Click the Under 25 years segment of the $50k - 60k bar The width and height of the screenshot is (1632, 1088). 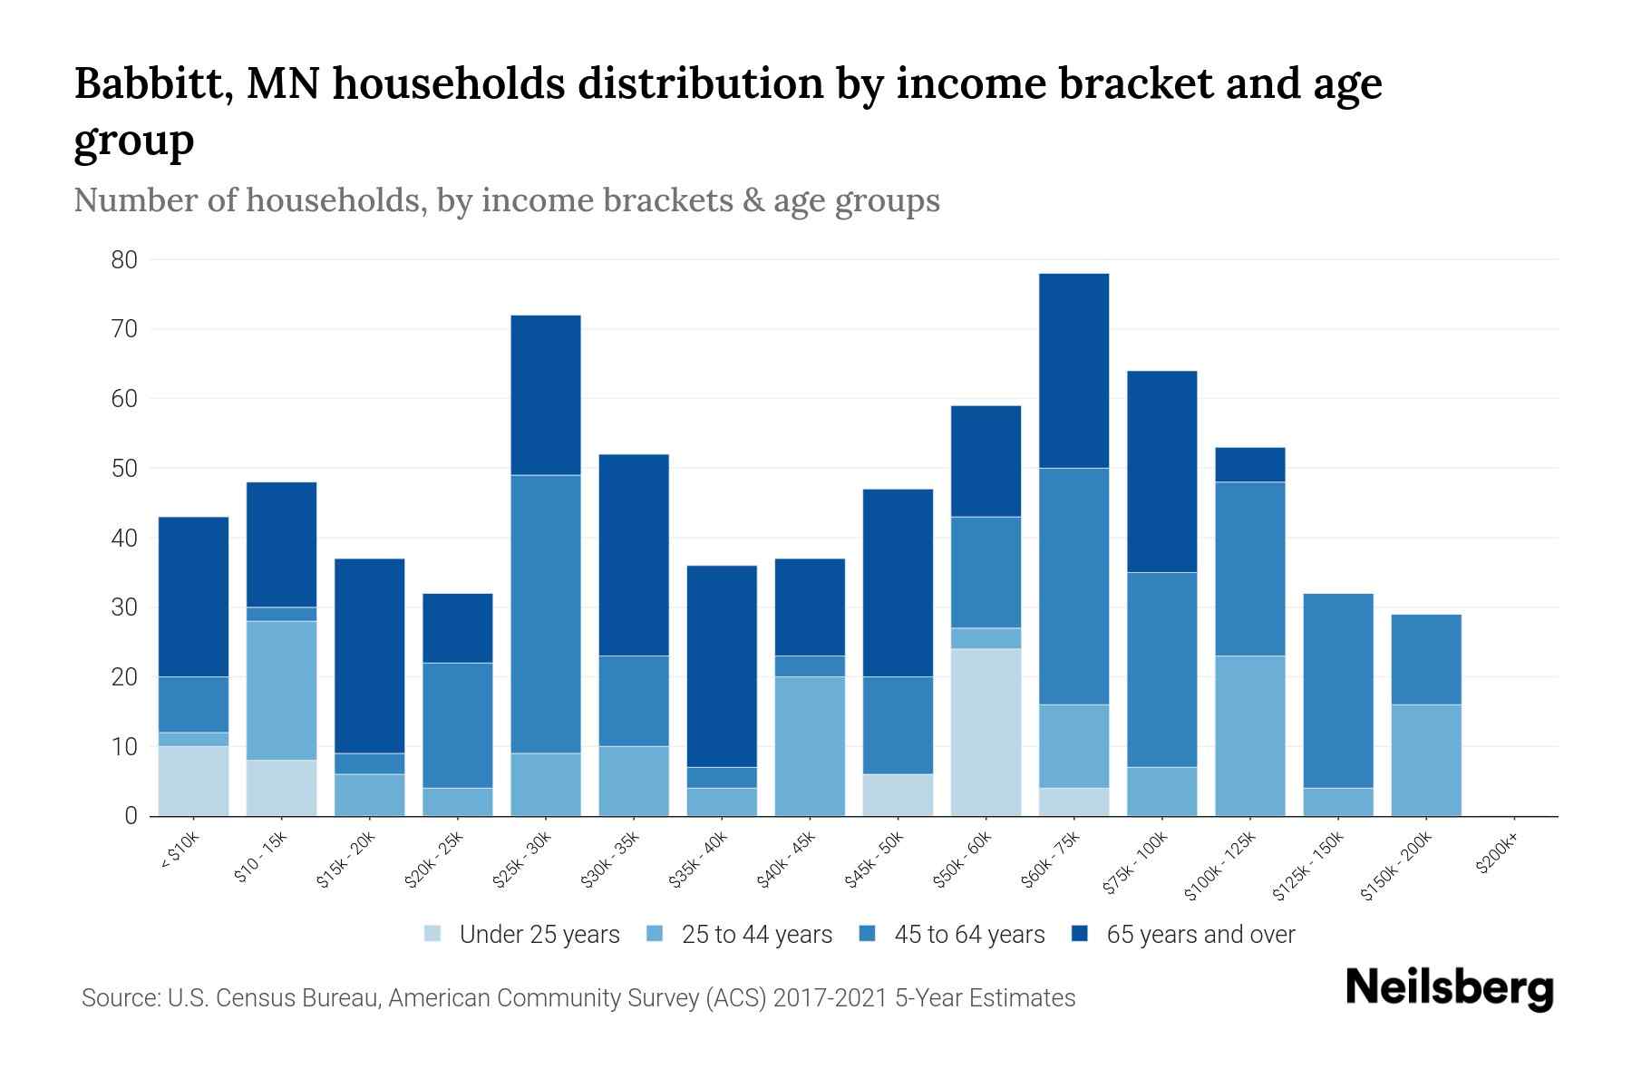[986, 732]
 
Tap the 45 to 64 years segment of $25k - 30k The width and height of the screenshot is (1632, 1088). [546, 614]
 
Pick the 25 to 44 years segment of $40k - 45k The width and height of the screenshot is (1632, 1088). [810, 745]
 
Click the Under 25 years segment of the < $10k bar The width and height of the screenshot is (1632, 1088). [193, 781]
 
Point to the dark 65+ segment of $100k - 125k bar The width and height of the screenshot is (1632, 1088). [1249, 464]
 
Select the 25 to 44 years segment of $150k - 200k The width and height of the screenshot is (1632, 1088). [1425, 760]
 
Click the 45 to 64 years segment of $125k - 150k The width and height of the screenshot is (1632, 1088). [1337, 690]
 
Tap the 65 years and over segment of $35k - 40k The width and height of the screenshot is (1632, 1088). [722, 666]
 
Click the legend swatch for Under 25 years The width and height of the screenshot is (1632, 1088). [433, 934]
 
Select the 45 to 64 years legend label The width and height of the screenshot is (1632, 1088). [968, 934]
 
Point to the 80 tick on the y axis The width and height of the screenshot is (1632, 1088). [123, 260]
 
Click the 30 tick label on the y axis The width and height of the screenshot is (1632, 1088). [123, 607]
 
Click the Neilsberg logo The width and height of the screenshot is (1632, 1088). [1449, 988]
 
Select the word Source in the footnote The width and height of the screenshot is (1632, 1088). [119, 998]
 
